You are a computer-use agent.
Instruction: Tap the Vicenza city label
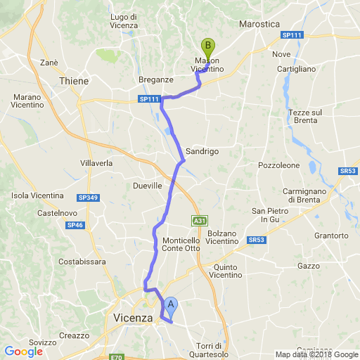[x=133, y=318]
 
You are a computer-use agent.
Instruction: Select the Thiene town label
[x=75, y=81]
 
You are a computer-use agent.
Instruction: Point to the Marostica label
[x=259, y=24]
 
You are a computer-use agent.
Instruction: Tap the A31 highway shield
[x=200, y=221]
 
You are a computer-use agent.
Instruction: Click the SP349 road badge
[x=88, y=198]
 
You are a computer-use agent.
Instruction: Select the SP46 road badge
[x=74, y=225]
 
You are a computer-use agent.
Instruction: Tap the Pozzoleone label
[x=278, y=165]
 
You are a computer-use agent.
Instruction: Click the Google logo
[x=23, y=351]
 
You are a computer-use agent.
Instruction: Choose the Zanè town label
[x=49, y=63]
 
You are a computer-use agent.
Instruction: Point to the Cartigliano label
[x=310, y=70]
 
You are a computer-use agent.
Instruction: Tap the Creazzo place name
[x=74, y=335]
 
